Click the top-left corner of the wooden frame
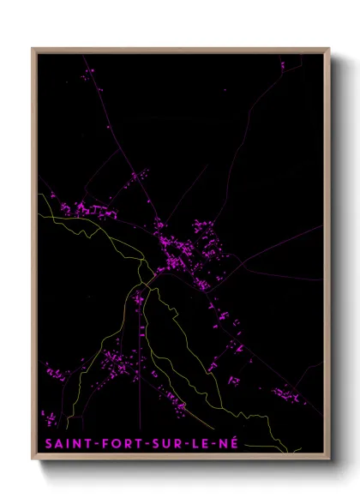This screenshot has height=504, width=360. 33,49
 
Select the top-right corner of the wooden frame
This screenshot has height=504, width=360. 329,49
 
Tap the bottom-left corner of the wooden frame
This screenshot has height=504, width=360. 33,459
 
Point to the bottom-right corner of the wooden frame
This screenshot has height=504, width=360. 329,459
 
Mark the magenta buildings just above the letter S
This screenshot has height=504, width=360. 51,419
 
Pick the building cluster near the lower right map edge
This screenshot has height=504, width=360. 286,393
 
